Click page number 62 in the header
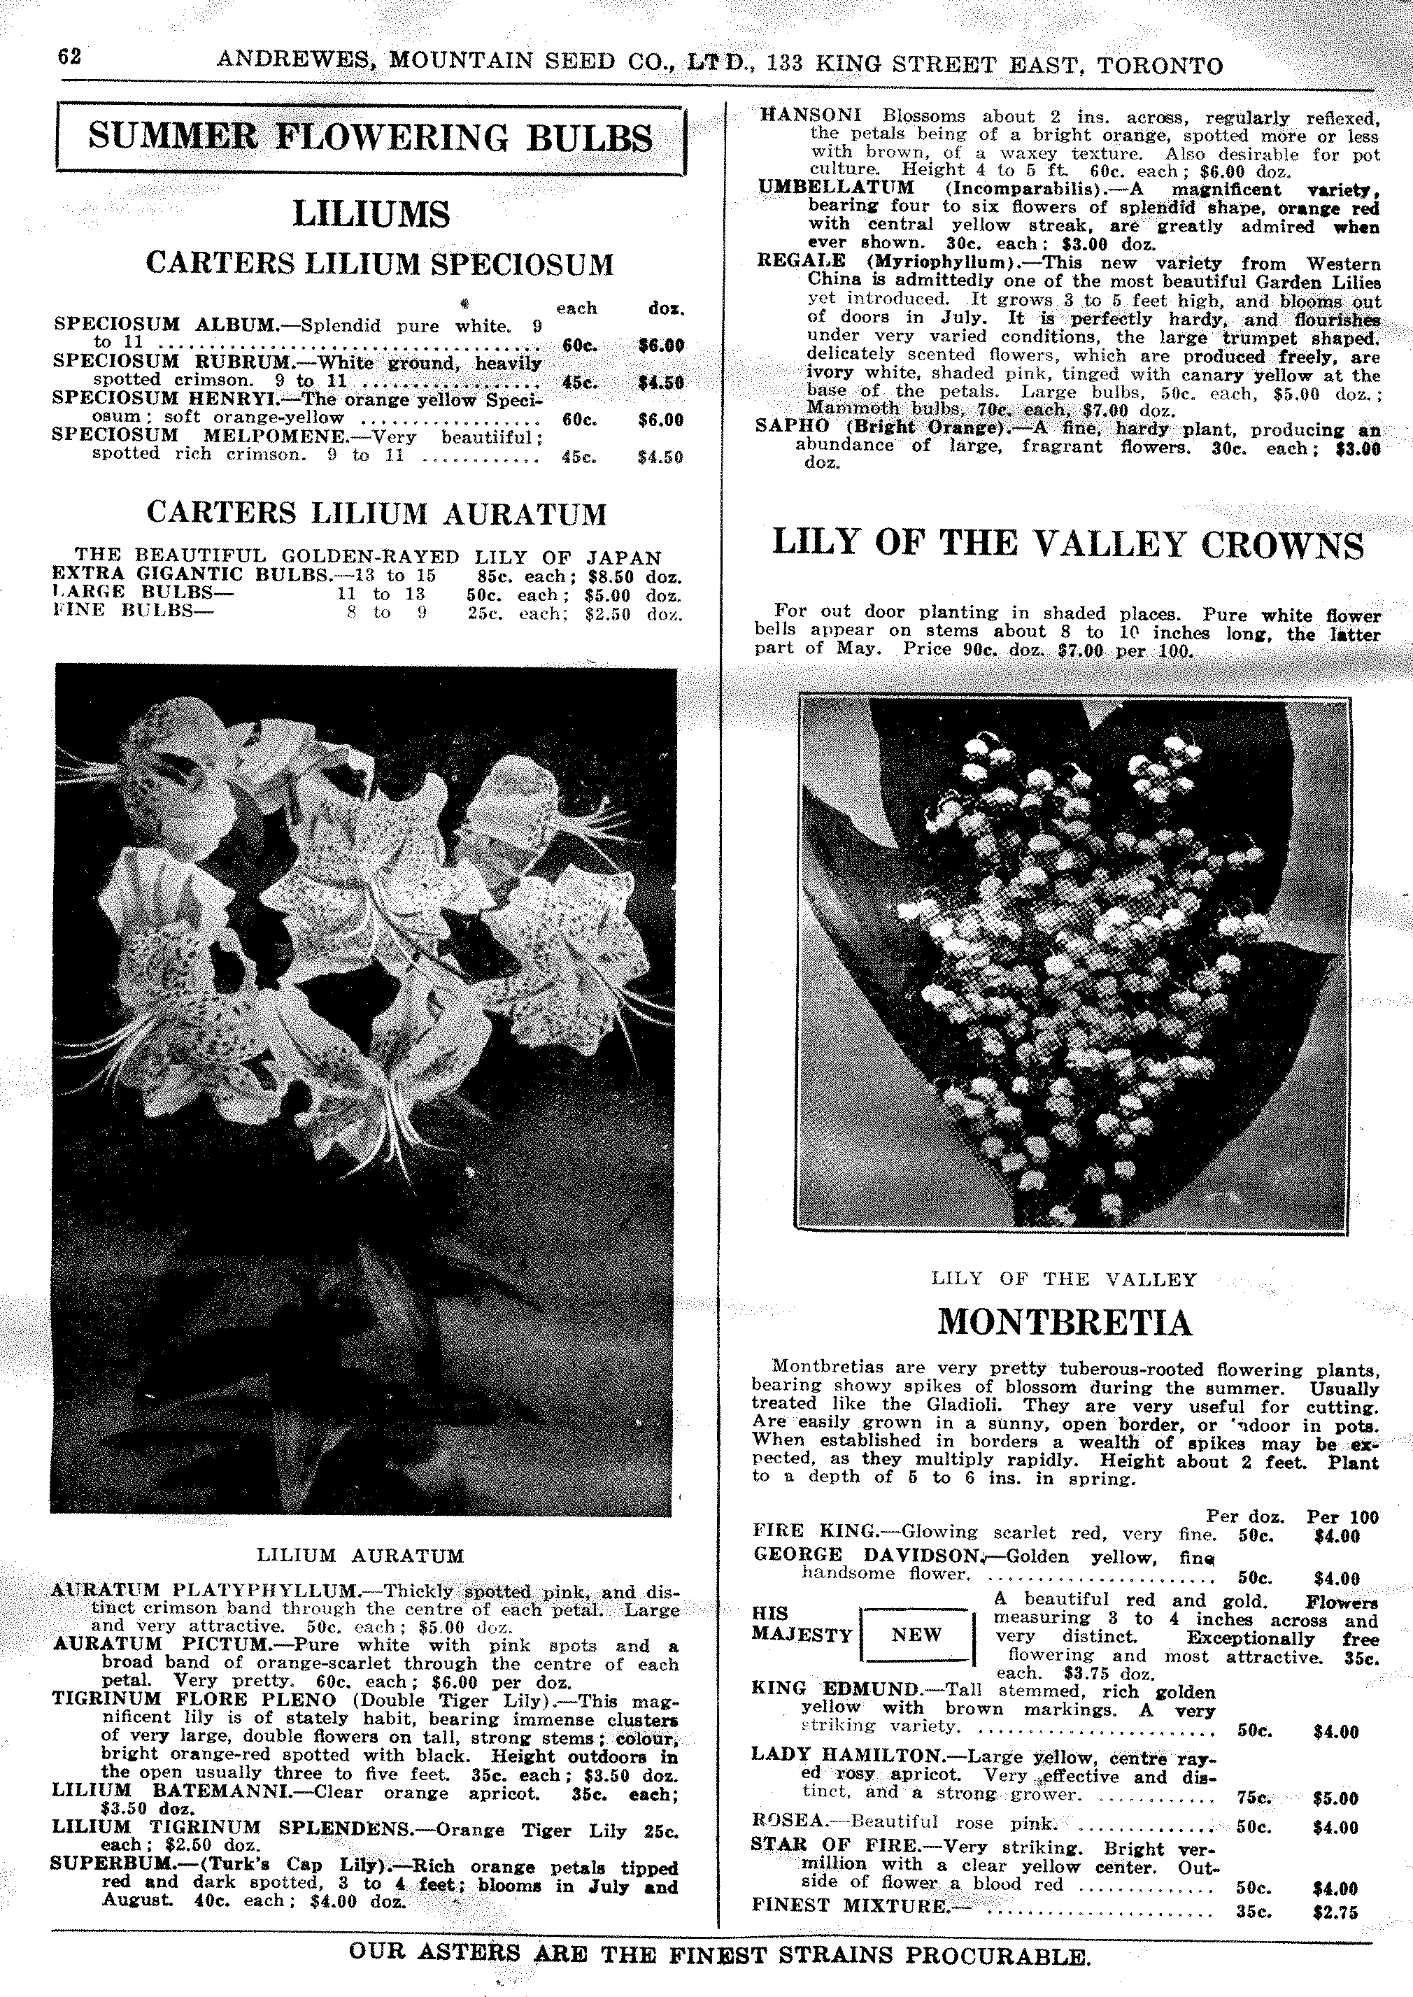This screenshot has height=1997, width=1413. pos(70,57)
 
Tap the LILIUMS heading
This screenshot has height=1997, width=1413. pos(371,214)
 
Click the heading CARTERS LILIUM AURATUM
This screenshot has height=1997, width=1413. pos(376,513)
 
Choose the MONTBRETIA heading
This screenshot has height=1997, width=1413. pos(1064,1323)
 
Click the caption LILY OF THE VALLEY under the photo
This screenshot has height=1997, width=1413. pos(1063,1279)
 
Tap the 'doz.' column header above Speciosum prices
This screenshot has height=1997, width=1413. pos(666,308)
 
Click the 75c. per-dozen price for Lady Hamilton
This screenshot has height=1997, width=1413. pos(1254,1798)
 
